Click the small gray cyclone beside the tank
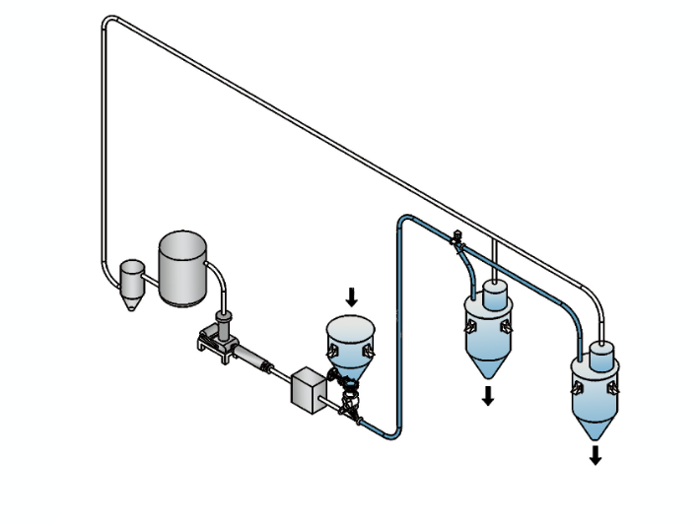[131, 279]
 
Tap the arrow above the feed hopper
[353, 295]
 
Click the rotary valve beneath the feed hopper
[348, 400]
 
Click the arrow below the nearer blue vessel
[487, 396]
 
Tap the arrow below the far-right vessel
[594, 454]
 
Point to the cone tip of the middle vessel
[487, 377]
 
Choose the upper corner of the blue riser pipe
[401, 219]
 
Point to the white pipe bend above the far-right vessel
[595, 294]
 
